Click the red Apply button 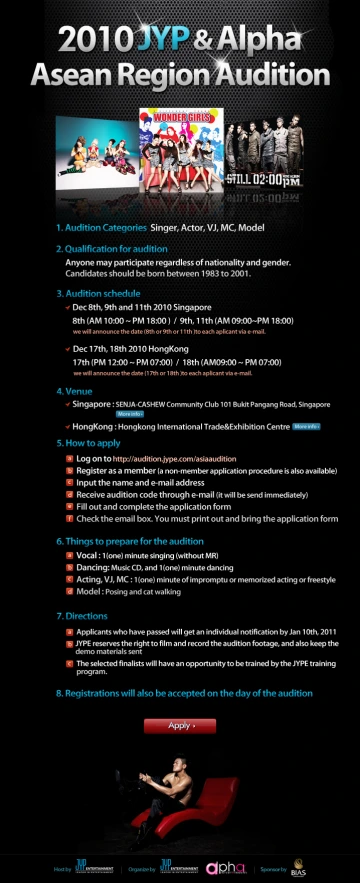click(x=179, y=725)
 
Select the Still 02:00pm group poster click(x=264, y=155)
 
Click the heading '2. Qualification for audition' click(x=111, y=247)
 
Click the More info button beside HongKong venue click(x=305, y=426)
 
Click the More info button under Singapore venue click(x=129, y=413)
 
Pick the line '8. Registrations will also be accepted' click(x=183, y=692)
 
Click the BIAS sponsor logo click(x=297, y=867)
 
